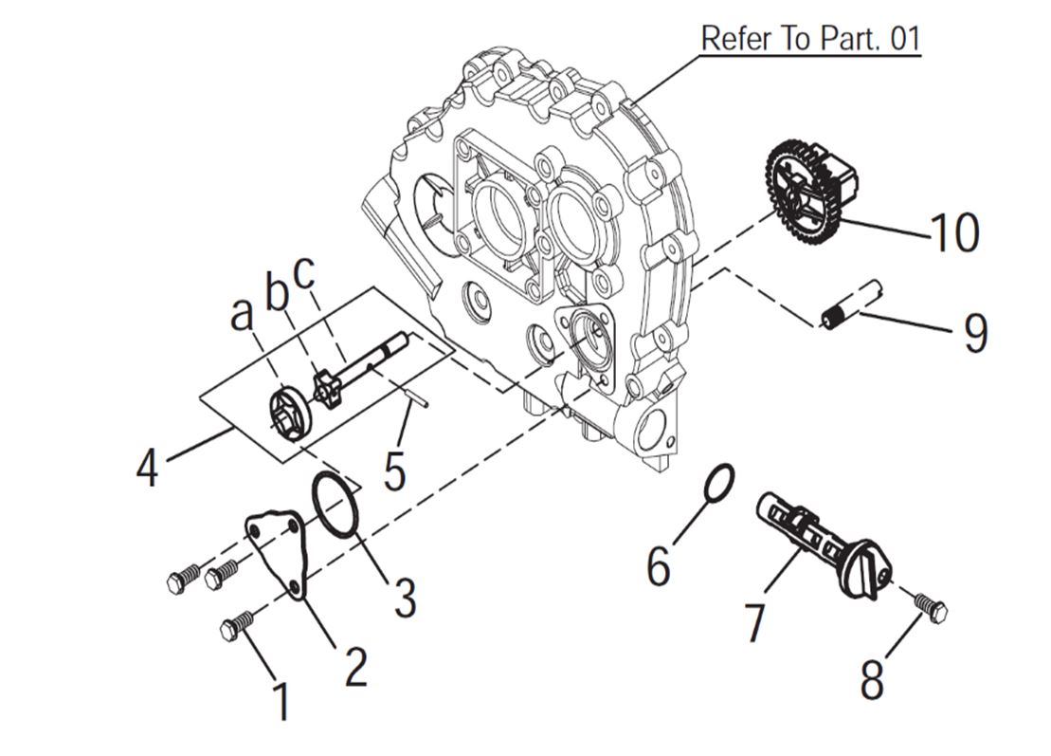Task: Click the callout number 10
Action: pyautogui.click(x=953, y=232)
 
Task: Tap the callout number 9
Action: pyautogui.click(x=974, y=333)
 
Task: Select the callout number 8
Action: pyautogui.click(x=871, y=679)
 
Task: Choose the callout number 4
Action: pyautogui.click(x=147, y=468)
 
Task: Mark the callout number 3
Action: pyautogui.click(x=405, y=598)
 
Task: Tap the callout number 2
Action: pyautogui.click(x=354, y=667)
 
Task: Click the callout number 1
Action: pyautogui.click(x=281, y=702)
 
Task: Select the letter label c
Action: pyautogui.click(x=304, y=273)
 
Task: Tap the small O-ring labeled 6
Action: pyautogui.click(x=719, y=481)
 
